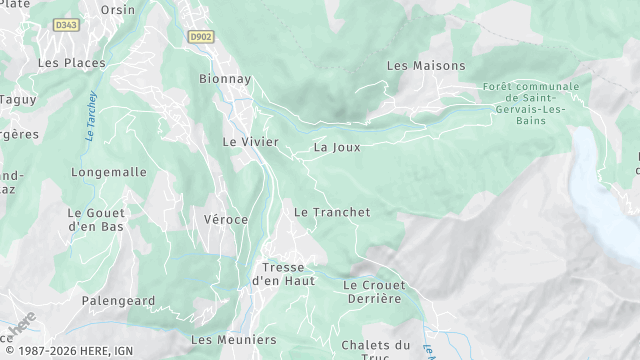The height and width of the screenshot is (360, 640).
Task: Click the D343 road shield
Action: [66, 25]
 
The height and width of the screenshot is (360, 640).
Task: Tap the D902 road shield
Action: [201, 36]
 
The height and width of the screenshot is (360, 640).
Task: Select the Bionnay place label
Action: [224, 78]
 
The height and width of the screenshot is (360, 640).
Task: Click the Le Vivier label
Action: [250, 142]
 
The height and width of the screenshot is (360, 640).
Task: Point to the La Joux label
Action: [336, 147]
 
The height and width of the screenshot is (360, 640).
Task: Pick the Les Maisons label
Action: [426, 66]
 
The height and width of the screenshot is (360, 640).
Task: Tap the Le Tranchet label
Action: [332, 212]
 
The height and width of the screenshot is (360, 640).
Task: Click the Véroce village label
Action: [225, 219]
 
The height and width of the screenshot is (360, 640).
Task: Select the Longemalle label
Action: [109, 172]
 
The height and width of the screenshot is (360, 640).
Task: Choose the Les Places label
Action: [71, 62]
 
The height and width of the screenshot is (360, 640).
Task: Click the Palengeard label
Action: [118, 300]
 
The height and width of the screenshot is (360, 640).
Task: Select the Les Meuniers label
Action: [233, 340]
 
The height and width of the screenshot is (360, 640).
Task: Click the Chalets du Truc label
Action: [376, 351]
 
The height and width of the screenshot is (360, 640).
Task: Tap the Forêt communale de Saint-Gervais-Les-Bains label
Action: [530, 103]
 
